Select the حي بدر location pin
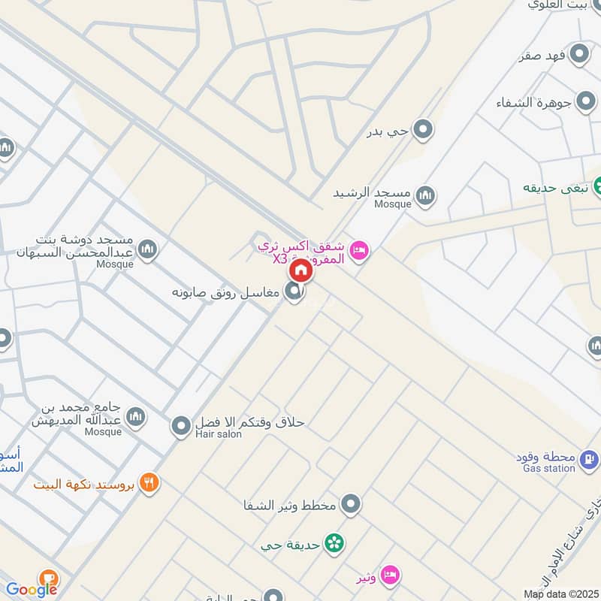point(424,131)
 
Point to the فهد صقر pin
point(579,54)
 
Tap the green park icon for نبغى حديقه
point(599,185)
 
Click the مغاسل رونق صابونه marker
point(294,293)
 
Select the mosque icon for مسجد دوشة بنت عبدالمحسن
point(148,249)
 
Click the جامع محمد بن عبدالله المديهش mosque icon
point(135,417)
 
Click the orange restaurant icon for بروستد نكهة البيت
point(149,483)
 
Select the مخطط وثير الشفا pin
point(350,504)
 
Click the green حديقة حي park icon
point(334,542)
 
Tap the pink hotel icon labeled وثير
point(389,575)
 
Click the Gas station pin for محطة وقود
point(588,457)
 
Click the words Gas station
point(549,468)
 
